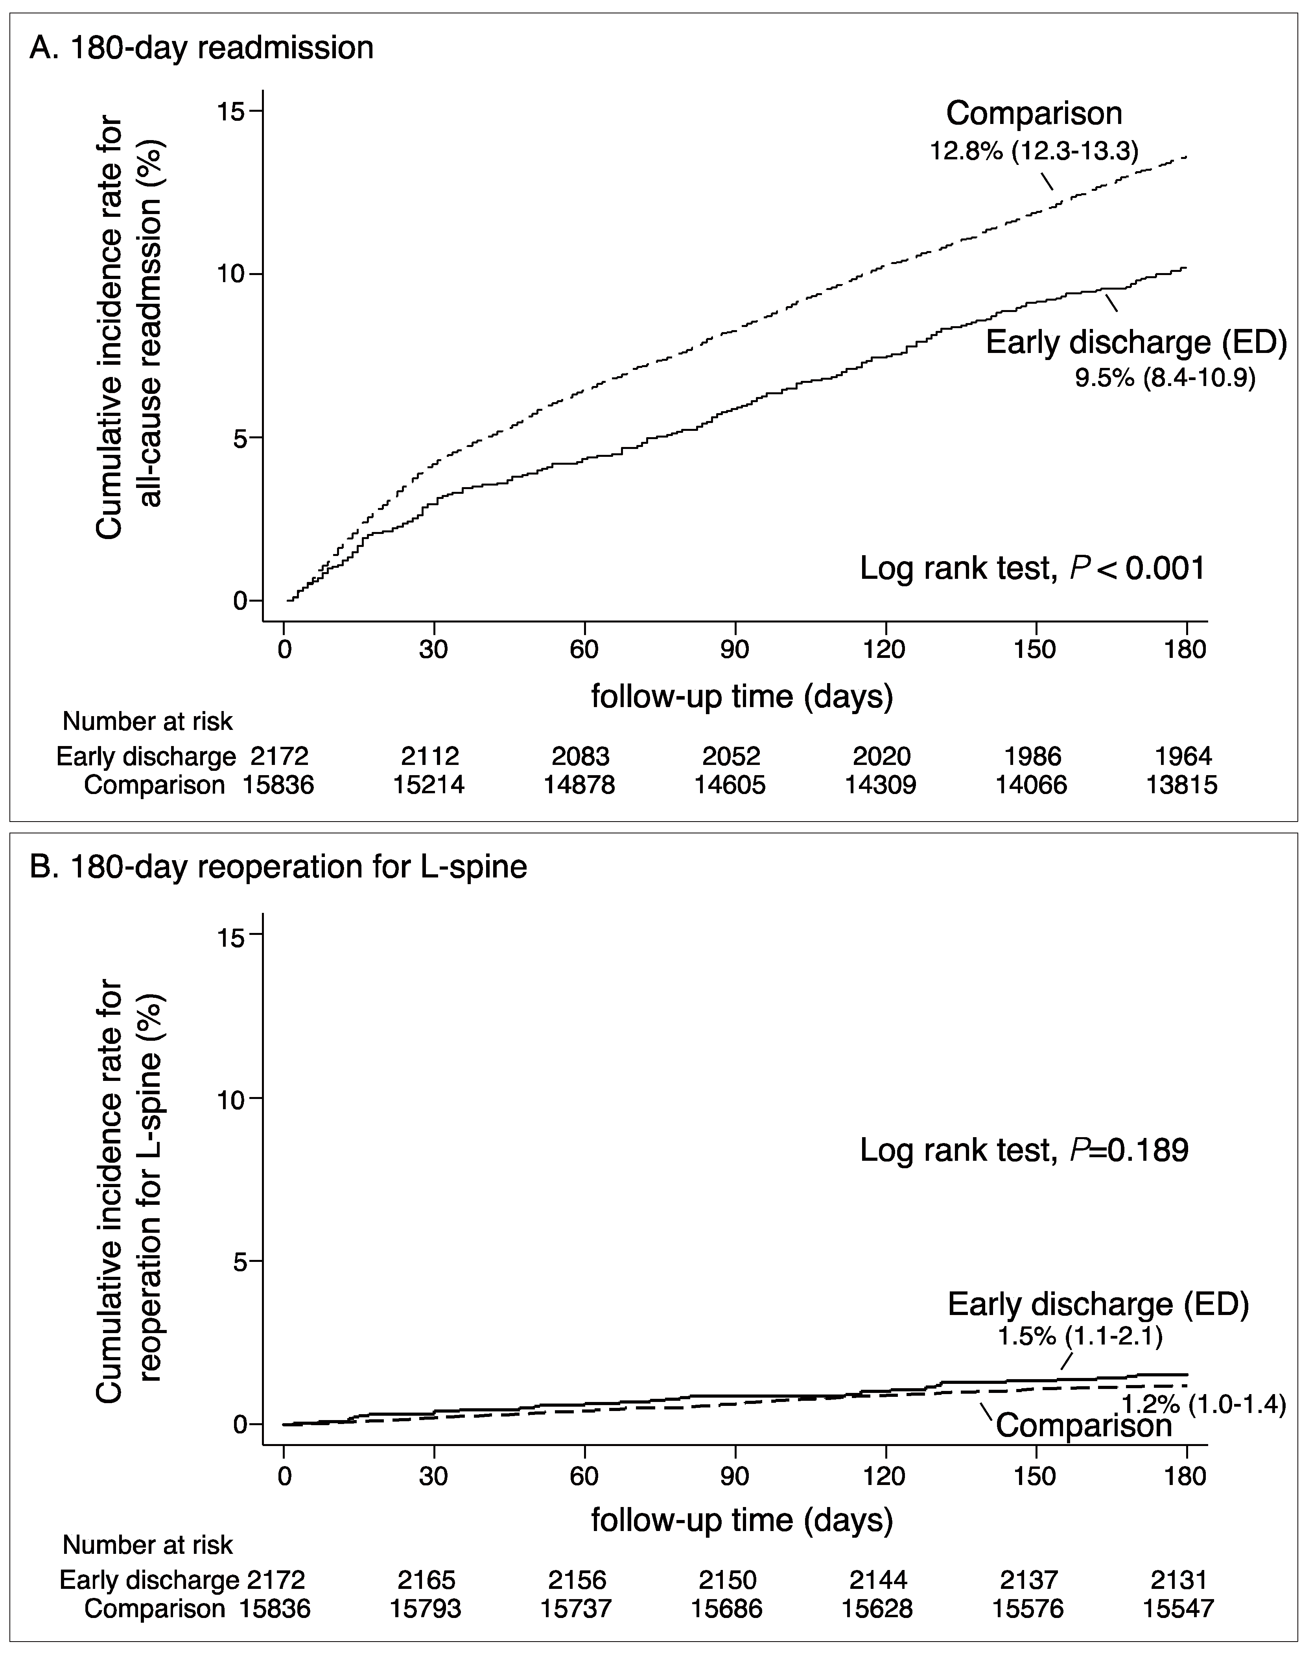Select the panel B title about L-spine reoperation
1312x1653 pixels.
tap(277, 867)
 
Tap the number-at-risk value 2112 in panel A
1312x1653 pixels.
tap(430, 757)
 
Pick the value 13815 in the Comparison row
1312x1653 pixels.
tap(1182, 785)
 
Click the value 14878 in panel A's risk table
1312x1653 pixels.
tap(579, 785)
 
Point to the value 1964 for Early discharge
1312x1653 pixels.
tap(1183, 757)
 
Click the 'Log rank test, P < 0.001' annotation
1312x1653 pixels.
tap(1032, 569)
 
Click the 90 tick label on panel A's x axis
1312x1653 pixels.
tap(734, 649)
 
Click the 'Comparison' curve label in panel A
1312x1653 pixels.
tap(1034, 113)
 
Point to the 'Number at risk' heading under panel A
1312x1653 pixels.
tap(147, 722)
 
